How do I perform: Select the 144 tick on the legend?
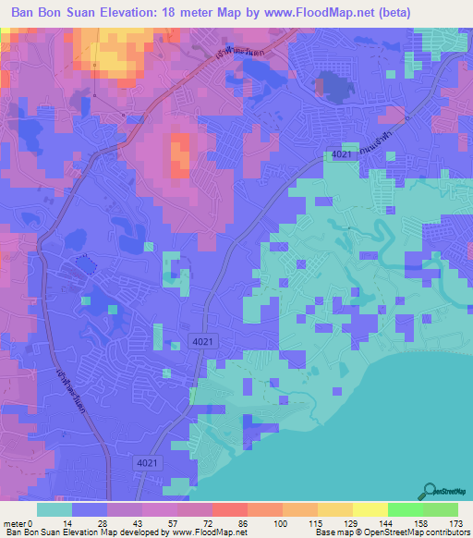[x=387, y=524]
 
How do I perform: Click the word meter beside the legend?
[x=15, y=524]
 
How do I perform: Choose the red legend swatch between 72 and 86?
[x=229, y=509]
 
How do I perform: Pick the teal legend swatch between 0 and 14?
[x=55, y=509]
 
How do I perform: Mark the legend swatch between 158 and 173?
[x=440, y=509]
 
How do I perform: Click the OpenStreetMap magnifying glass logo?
[x=431, y=492]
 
